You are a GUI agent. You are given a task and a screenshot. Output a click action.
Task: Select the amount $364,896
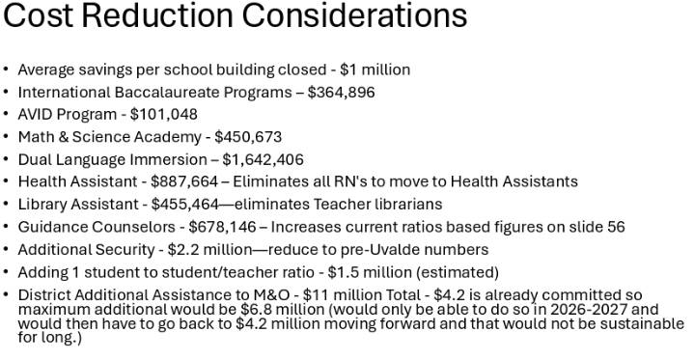[x=342, y=92]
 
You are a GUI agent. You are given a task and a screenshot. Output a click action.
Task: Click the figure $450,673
[x=248, y=137]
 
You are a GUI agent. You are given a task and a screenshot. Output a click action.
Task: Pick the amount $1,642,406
[x=263, y=159]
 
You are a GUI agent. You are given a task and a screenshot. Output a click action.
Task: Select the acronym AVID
[x=36, y=114]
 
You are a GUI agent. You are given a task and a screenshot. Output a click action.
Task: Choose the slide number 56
[x=615, y=227]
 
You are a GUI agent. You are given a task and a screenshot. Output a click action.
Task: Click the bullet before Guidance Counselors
[x=7, y=227]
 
